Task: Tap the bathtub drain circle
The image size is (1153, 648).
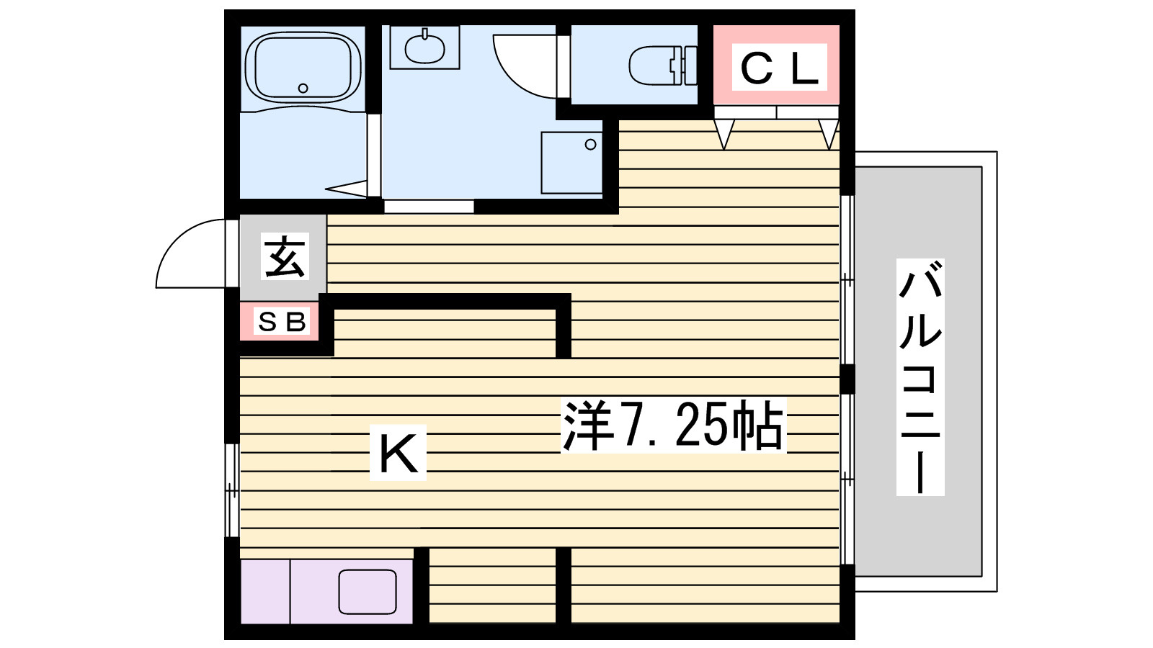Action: click(x=303, y=89)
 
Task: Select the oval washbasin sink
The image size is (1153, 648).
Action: click(x=424, y=49)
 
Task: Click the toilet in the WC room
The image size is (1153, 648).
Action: click(x=663, y=66)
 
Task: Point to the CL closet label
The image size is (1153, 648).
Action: click(x=779, y=68)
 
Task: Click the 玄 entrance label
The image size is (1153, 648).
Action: click(x=285, y=256)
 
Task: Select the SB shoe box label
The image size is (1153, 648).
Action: click(x=282, y=321)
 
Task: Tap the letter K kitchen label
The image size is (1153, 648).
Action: click(x=398, y=453)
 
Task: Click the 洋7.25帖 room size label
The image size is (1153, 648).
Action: click(x=673, y=425)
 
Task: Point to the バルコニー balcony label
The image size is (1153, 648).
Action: click(x=920, y=377)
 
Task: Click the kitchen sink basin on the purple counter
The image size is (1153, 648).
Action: click(x=368, y=591)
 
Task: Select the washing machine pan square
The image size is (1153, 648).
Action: click(x=572, y=163)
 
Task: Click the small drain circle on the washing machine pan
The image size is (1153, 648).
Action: click(x=590, y=145)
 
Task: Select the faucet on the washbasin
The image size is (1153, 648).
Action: click(x=425, y=34)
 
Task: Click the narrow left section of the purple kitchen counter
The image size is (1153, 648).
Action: click(x=266, y=591)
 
